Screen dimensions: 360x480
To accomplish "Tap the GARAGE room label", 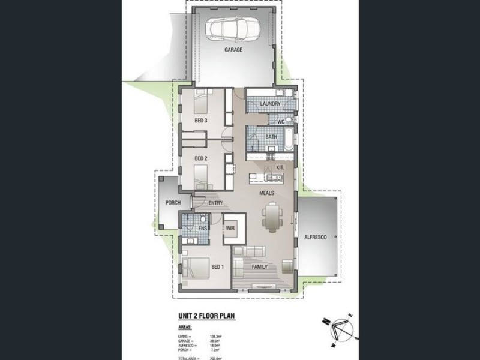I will click(x=233, y=50).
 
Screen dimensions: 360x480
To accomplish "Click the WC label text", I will click(x=280, y=122).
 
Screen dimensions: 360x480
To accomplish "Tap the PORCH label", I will click(x=173, y=203).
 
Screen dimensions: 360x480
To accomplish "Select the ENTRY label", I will click(x=215, y=203).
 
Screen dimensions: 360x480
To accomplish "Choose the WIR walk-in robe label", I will click(x=230, y=229).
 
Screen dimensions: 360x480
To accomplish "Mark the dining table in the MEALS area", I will click(x=272, y=217).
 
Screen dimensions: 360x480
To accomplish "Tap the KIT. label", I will click(x=280, y=168).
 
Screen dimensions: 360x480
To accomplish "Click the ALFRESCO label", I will click(x=315, y=238).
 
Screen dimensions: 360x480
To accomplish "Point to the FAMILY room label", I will click(x=259, y=266).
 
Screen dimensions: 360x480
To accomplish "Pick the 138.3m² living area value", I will click(x=215, y=337).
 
